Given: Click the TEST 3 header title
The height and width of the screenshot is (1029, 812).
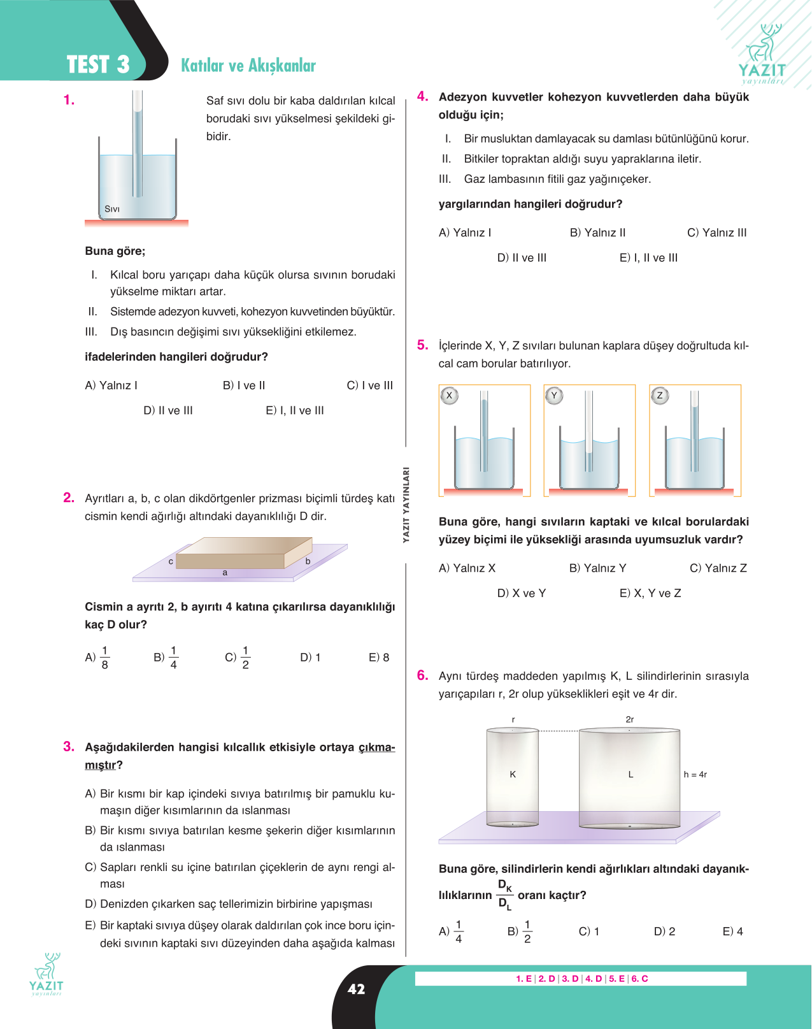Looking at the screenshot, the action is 98,64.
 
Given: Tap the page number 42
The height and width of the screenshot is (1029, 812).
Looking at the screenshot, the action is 357,989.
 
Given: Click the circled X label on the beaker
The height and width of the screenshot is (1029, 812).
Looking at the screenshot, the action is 449,396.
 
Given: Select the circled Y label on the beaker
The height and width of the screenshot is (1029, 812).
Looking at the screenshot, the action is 555,396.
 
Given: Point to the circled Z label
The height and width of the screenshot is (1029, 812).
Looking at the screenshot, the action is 660,396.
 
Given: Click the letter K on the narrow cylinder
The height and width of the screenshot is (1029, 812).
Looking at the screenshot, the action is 513,774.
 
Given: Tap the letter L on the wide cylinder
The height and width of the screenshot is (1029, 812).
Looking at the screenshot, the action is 631,774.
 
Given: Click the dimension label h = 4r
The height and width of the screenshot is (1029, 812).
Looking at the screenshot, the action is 695,774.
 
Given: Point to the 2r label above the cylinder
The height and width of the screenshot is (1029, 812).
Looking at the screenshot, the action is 630,719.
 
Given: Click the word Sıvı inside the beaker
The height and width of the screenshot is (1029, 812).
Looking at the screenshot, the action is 112,209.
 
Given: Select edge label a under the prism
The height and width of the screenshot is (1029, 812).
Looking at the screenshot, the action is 225,572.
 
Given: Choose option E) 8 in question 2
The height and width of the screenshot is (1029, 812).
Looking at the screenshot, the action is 379,658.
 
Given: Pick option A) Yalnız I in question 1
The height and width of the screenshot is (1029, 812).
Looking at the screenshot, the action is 111,385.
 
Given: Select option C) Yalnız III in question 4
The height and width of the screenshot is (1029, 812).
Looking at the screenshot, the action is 717,233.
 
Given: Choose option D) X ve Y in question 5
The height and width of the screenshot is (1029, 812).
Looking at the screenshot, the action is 522,593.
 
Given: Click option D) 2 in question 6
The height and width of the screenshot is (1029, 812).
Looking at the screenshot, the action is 664,932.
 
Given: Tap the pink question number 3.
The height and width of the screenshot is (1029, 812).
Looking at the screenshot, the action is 69,746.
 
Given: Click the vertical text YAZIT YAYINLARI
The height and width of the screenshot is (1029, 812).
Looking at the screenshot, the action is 406,505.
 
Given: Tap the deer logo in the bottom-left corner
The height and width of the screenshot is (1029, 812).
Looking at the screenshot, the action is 46,974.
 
